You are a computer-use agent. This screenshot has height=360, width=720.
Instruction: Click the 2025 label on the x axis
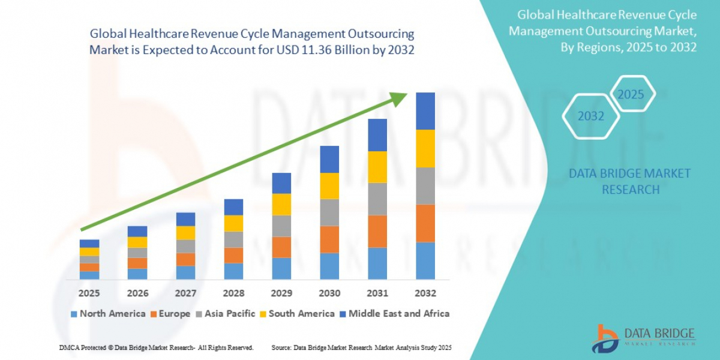pos(89,293)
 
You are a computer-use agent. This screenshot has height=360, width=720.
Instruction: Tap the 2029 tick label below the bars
pos(281,293)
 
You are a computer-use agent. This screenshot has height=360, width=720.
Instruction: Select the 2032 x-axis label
pos(425,293)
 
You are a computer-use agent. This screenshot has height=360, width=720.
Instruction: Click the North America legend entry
pos(108,313)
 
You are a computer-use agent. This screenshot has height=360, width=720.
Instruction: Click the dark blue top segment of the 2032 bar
pos(425,111)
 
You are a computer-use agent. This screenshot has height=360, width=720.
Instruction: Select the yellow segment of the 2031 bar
pos(377,167)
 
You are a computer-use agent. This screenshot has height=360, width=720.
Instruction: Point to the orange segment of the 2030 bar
pos(329,239)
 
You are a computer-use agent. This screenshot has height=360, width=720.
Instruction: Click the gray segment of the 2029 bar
pos(281,226)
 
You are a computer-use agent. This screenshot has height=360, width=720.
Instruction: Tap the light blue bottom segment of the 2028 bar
pos(233,271)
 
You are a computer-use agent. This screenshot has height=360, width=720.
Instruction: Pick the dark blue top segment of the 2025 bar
pos(89,244)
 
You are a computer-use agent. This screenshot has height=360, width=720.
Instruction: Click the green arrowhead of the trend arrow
pos(399,99)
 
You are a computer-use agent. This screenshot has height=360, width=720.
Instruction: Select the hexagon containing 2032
pos(590,116)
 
